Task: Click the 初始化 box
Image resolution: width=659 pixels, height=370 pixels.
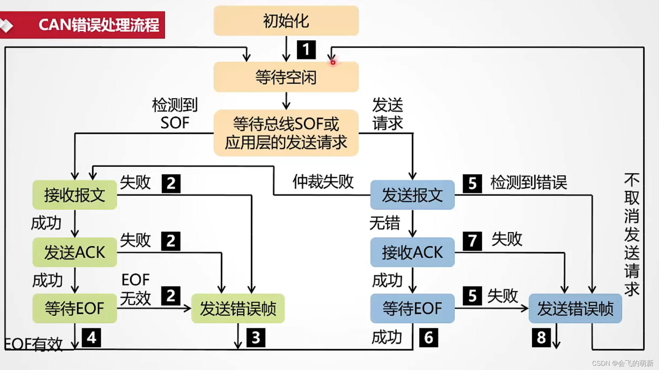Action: point(286,21)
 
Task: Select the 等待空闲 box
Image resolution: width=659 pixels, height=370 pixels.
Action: point(286,77)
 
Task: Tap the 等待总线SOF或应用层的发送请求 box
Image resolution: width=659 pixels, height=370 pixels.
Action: point(286,133)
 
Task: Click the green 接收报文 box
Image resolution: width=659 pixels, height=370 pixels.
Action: point(75,195)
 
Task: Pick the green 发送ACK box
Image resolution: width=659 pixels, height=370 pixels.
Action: point(75,252)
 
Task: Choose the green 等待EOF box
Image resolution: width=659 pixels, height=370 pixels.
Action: point(75,308)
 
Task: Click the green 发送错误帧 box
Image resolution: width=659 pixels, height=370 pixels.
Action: point(238,309)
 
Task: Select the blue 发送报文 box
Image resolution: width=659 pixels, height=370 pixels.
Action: point(412,195)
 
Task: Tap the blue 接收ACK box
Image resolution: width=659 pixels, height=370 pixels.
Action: point(412,252)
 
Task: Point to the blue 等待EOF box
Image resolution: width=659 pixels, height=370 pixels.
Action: point(412,308)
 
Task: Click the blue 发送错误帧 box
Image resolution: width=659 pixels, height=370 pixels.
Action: point(575,309)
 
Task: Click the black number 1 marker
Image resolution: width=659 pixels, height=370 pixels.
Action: point(306,50)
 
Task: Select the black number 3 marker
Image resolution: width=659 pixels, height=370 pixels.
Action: point(256,337)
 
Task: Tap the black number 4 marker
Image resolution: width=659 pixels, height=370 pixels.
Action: point(91,337)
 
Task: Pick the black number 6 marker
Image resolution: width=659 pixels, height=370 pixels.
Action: point(428,337)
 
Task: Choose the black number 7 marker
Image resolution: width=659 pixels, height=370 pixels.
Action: point(472,241)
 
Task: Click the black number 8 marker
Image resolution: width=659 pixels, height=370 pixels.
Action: point(541,337)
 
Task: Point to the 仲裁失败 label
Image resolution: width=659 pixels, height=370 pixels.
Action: point(323,182)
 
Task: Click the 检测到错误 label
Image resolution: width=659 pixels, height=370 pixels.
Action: point(528,183)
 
